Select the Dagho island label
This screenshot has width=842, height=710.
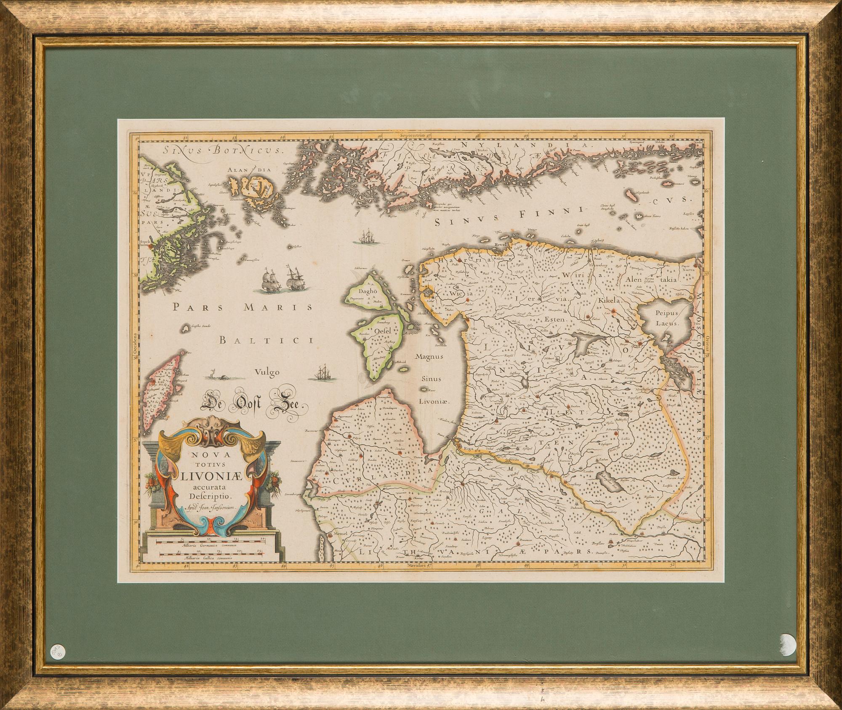tap(368, 291)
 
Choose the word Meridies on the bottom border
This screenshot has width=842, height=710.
tap(413, 567)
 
